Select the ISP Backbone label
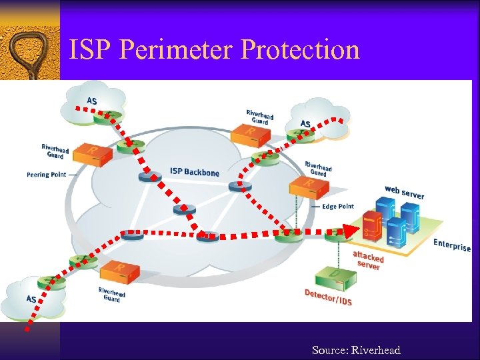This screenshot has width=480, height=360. (194, 172)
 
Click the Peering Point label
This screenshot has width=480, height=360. (47, 175)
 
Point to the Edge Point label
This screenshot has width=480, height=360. (338, 207)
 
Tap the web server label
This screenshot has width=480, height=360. (404, 192)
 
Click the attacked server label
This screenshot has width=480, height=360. (368, 260)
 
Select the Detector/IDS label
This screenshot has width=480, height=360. (328, 297)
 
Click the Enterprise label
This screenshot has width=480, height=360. (452, 245)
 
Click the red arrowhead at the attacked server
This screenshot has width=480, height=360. (349, 231)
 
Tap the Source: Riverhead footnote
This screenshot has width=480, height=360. (356, 351)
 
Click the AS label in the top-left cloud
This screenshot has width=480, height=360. (91, 101)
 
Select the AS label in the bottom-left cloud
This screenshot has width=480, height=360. (31, 299)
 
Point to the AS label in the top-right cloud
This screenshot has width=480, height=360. (305, 123)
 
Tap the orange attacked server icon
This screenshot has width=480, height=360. (371, 227)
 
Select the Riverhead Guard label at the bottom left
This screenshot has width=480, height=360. (112, 295)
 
